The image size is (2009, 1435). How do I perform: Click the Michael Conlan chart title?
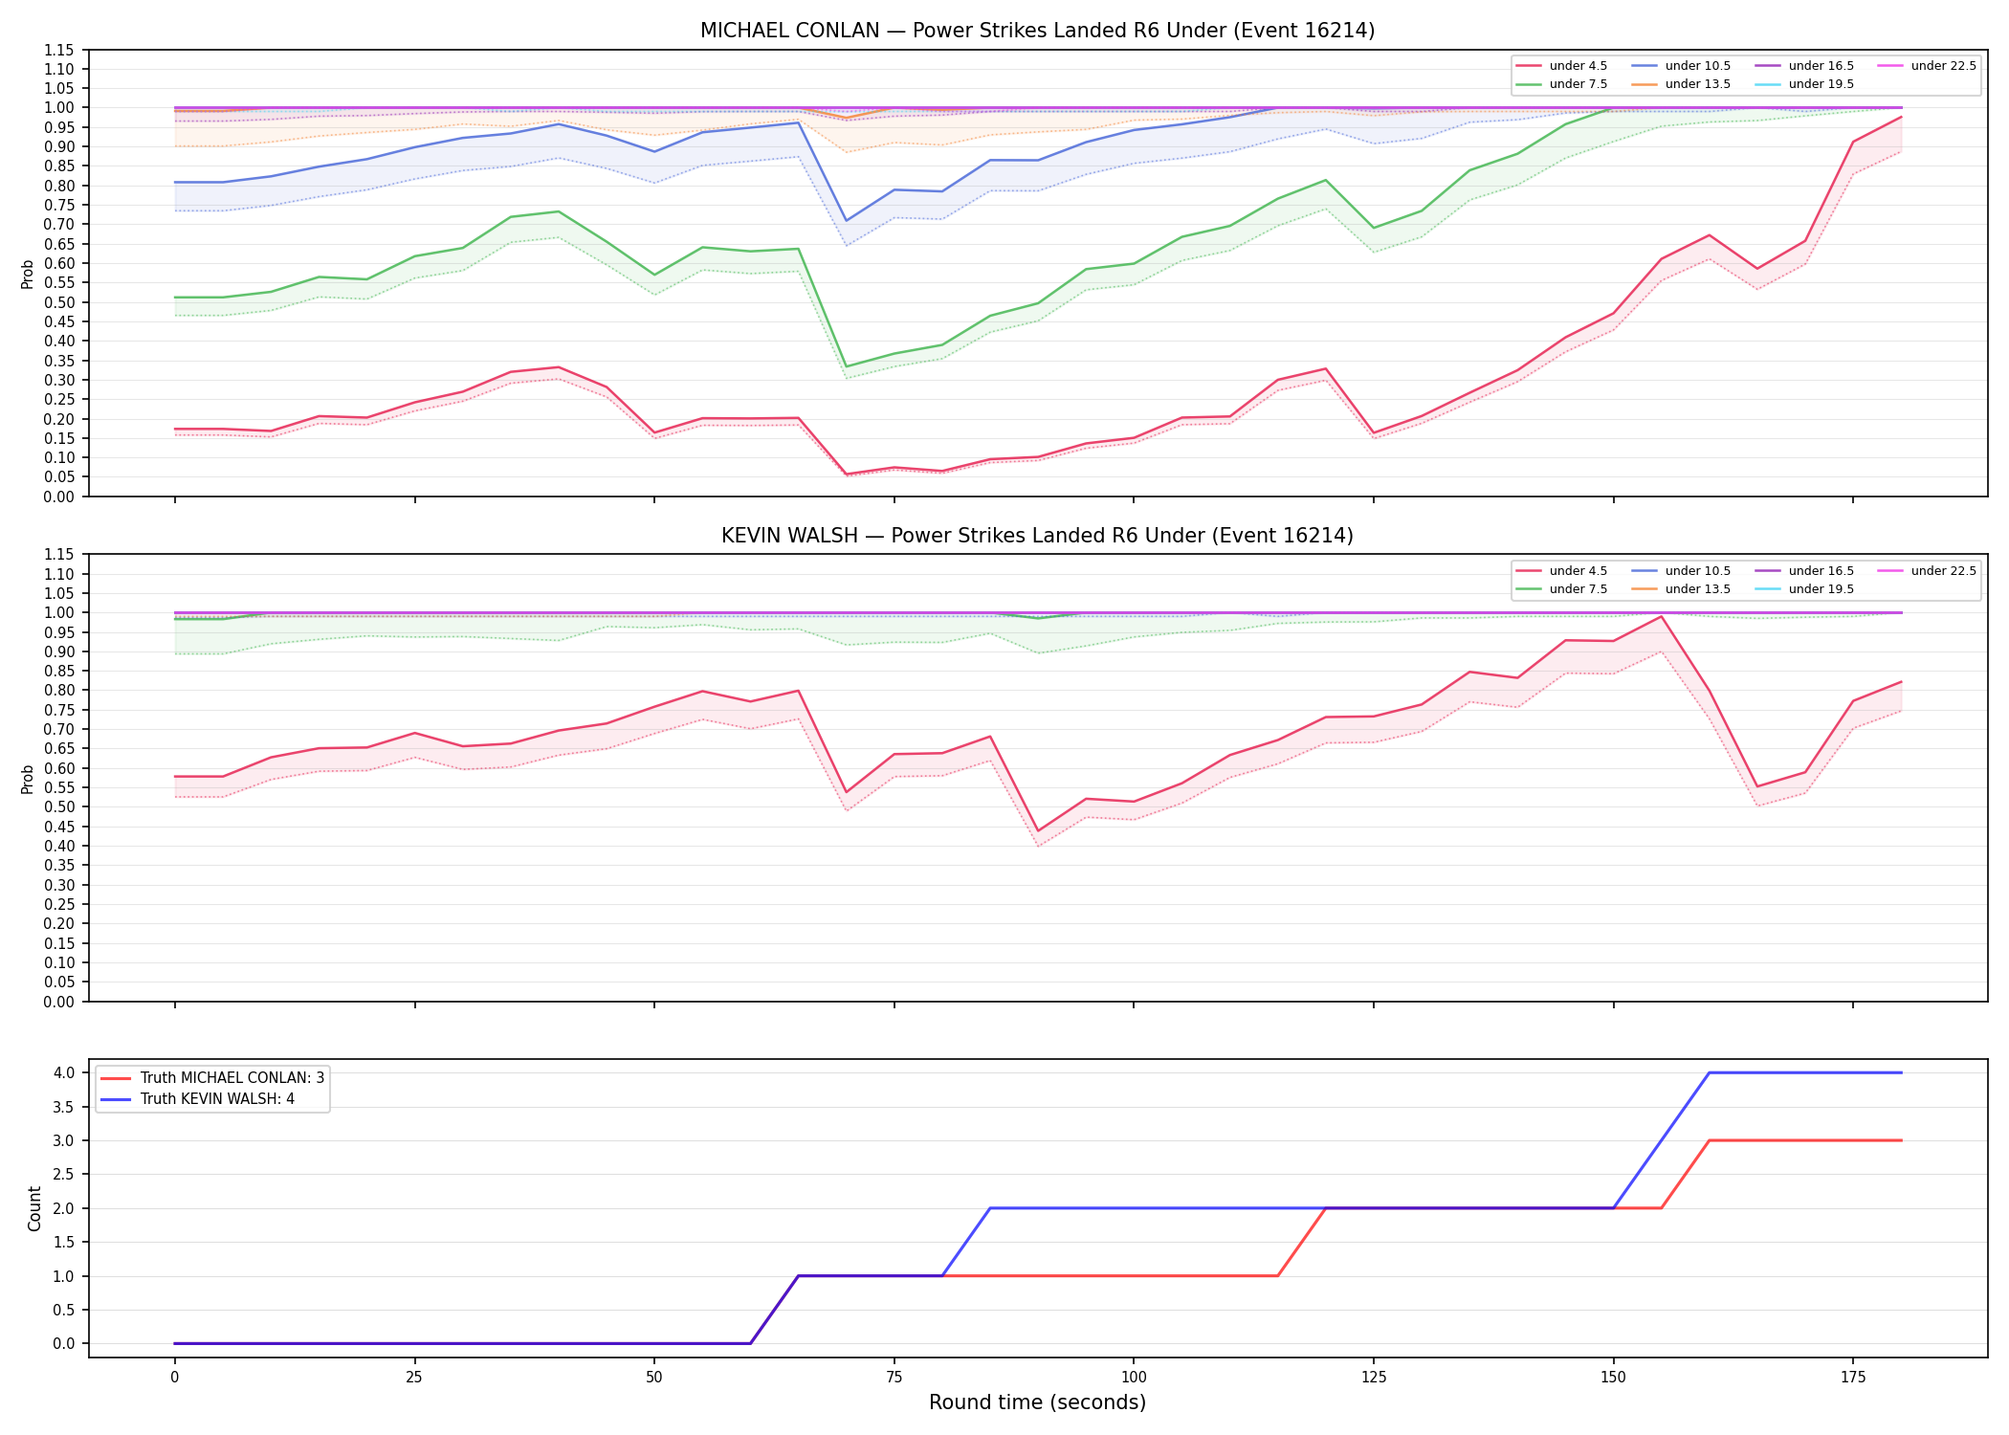(x=1037, y=31)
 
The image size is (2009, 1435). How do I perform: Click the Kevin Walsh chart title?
(x=1037, y=536)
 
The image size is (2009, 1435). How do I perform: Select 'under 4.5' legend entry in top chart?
(x=1562, y=66)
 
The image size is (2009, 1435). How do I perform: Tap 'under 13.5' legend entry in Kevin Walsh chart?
(x=1681, y=589)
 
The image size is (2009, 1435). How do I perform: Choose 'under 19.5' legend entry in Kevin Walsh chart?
(x=1804, y=589)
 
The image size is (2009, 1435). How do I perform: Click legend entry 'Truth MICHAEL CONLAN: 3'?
(x=212, y=1078)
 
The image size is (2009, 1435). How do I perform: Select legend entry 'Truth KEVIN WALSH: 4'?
(x=198, y=1099)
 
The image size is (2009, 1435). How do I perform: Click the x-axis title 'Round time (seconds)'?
(x=1037, y=1402)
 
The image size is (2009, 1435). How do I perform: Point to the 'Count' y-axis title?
(x=34, y=1208)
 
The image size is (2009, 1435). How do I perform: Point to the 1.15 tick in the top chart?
(x=60, y=50)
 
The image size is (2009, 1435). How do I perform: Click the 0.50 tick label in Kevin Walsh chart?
(x=60, y=806)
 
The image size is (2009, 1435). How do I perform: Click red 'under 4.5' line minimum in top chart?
(x=846, y=475)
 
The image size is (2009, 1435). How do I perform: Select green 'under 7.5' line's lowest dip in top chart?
(x=846, y=366)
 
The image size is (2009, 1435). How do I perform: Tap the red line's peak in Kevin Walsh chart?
(x=1662, y=616)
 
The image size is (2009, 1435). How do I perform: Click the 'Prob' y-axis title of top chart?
(x=28, y=274)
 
